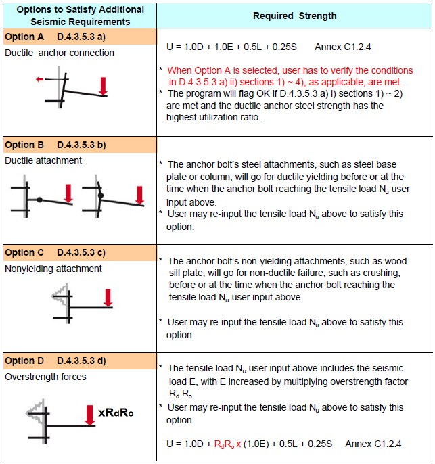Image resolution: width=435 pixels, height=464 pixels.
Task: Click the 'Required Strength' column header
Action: (294, 15)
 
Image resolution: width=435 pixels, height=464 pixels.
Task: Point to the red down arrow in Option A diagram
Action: (103, 86)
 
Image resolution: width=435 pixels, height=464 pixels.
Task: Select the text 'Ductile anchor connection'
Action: (60, 53)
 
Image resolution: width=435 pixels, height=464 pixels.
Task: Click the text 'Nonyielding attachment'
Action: (53, 269)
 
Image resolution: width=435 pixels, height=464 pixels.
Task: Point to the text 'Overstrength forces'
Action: (45, 377)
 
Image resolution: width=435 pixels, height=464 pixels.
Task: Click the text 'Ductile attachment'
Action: (43, 160)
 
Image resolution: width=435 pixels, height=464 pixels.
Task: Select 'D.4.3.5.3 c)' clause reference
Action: (80, 252)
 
